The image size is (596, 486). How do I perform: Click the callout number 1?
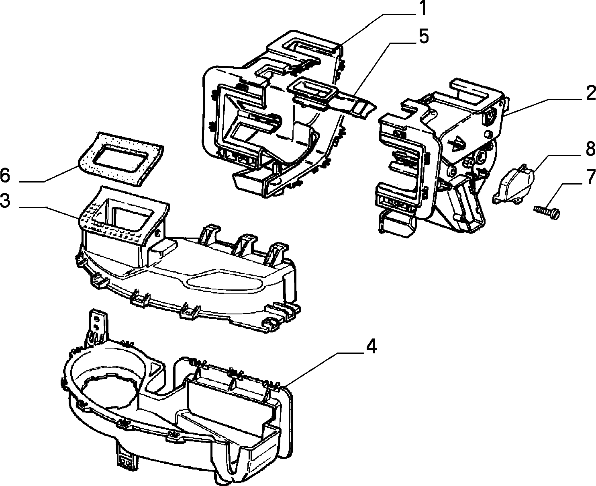[423, 8]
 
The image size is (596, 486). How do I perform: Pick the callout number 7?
[590, 177]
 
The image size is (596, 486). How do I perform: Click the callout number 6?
[5, 176]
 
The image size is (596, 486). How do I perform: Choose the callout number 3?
[5, 201]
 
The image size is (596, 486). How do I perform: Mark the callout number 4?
[371, 346]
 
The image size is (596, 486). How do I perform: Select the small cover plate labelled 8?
[513, 183]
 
